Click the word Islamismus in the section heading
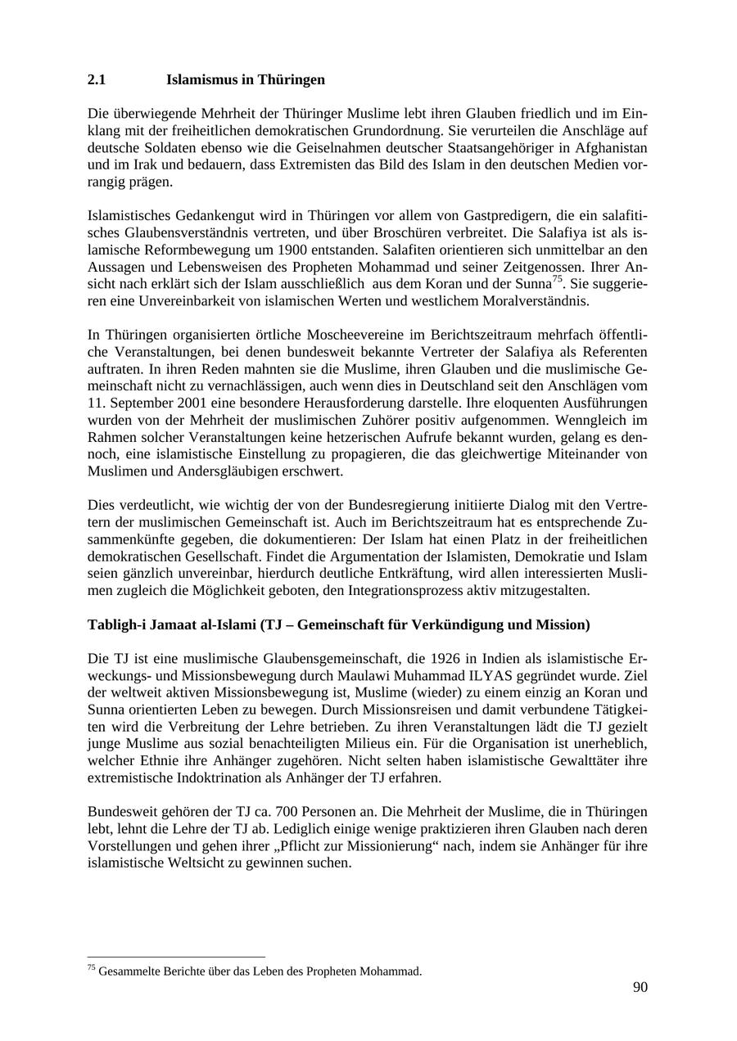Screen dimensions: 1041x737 (202, 80)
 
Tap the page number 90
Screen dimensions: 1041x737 (640, 988)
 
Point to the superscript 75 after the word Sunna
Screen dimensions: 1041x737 (557, 280)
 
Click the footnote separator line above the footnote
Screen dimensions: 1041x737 (176, 957)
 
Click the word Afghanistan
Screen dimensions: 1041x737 (608, 148)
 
